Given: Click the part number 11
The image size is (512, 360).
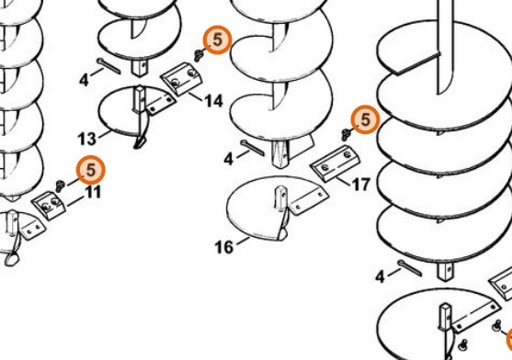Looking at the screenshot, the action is pos(94,192).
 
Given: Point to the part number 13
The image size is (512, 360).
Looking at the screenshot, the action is pos(87,139).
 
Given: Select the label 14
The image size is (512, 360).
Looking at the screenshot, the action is pos(214,101).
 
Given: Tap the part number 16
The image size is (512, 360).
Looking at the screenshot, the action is pos(224,247).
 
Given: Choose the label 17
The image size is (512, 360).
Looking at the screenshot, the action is pos(361,185).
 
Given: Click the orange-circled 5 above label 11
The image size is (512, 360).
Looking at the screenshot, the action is pos(91,170).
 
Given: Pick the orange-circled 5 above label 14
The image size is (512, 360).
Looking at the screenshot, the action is pos(218,39).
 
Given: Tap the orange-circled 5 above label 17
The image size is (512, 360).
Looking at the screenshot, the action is pos(366,119).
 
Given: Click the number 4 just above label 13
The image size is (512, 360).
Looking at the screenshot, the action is pos(84,80).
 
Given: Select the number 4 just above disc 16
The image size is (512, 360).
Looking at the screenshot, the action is pos(229,159).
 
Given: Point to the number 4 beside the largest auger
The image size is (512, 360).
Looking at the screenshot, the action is pos(380,277).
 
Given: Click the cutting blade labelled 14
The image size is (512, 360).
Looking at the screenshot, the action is pos(181,79).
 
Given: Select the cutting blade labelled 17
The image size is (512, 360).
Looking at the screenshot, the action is pos(336,163).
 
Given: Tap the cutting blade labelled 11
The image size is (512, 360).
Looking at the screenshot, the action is pos(49,206).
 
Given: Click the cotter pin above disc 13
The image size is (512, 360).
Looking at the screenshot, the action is pos(109,66).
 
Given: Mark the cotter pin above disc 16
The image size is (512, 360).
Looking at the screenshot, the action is pos(253,148).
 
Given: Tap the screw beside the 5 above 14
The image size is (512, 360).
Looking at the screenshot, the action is pos(199,55).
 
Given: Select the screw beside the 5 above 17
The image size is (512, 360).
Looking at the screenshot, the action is pos(346,134).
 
